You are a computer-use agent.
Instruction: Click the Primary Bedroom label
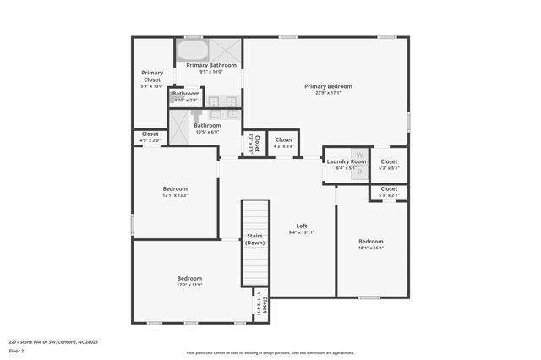[328, 86]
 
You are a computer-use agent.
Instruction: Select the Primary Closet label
[152, 74]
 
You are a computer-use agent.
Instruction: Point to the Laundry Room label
[347, 161]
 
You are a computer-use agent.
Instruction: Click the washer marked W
[358, 155]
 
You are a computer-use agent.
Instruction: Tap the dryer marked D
[358, 172]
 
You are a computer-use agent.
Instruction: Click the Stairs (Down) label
[255, 239]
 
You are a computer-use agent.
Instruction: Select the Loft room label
[301, 226]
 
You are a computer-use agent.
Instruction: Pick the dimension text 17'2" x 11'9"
[189, 285]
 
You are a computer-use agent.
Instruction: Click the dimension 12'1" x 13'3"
[175, 195]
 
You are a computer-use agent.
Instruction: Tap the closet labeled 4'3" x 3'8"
[283, 143]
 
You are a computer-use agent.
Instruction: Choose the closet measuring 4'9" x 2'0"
[150, 137]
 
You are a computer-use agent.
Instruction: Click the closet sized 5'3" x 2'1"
[389, 193]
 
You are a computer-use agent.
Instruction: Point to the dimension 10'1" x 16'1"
[370, 248]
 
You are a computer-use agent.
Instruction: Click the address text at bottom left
[53, 341]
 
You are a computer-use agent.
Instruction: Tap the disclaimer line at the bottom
[270, 353]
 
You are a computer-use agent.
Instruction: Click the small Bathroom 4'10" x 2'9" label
[185, 96]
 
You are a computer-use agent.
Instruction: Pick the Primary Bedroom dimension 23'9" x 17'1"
[328, 93]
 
